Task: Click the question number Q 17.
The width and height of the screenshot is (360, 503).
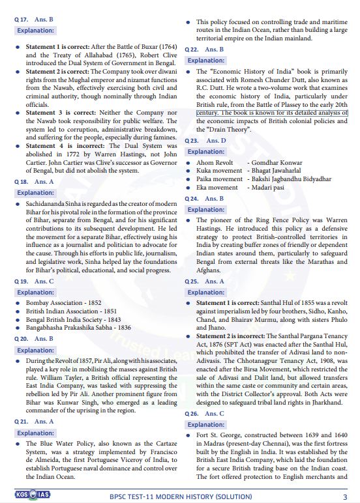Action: pyautogui.click(x=20, y=19)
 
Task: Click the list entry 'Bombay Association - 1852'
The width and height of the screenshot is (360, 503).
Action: pyautogui.click(x=63, y=303)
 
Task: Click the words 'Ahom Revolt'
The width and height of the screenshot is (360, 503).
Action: pyautogui.click(x=215, y=162)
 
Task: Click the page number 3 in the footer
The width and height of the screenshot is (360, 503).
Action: pyautogui.click(x=344, y=496)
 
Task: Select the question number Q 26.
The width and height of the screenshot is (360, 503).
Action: pyautogui.click(x=192, y=413)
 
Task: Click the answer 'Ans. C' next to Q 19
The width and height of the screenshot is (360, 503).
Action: pyautogui.click(x=44, y=281)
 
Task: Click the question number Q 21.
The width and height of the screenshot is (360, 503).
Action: pyautogui.click(x=20, y=422)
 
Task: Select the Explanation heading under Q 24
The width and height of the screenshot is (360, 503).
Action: pyautogui.click(x=206, y=209)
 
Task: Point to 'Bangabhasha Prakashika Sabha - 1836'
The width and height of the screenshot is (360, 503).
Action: pyautogui.click(x=78, y=328)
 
